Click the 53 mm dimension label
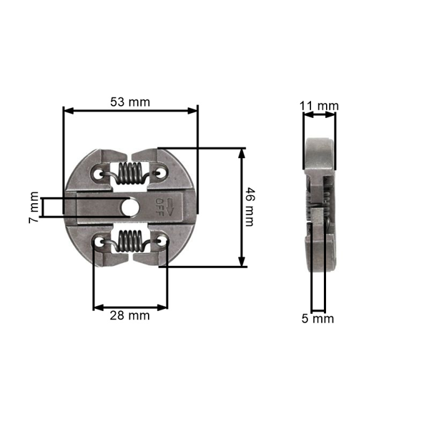tap(130, 102)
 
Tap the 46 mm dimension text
tap(249, 207)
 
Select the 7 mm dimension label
tap(33, 207)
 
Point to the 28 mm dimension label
tap(130, 315)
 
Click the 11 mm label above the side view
tap(318, 107)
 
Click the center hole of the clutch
tap(131, 207)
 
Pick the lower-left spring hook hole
tap(99, 243)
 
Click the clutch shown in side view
tap(319, 207)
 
